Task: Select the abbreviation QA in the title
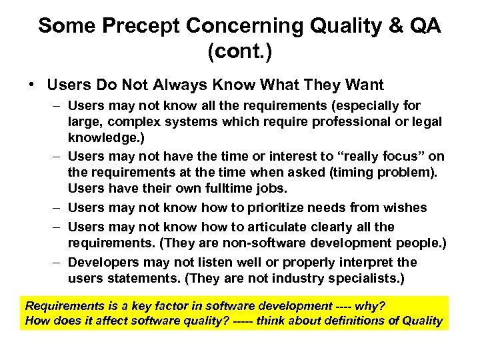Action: [x=425, y=26]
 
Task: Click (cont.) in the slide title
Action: [x=239, y=52]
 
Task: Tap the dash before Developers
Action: [x=57, y=261]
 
